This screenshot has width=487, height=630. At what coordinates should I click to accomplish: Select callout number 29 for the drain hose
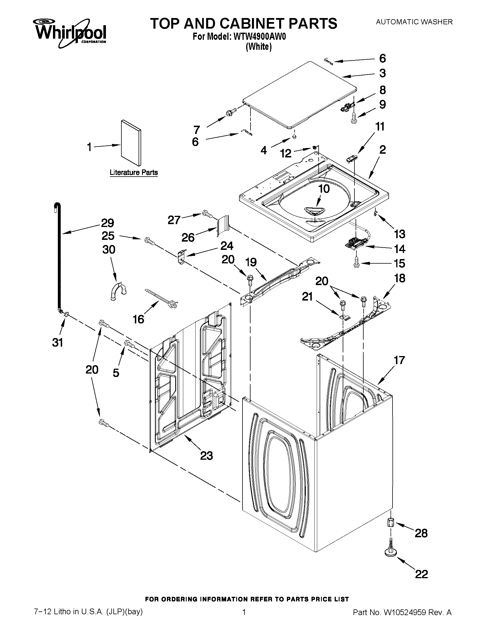(x=107, y=223)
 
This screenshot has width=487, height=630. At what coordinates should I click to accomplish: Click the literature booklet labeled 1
(x=131, y=143)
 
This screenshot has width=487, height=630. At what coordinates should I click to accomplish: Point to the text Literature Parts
(x=134, y=173)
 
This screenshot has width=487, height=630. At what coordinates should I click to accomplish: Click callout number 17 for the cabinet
(x=399, y=360)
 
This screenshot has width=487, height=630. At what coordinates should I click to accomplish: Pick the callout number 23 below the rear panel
(x=206, y=455)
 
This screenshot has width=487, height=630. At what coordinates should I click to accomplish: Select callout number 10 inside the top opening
(x=324, y=189)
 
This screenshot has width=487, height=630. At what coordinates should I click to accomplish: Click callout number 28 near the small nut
(x=421, y=533)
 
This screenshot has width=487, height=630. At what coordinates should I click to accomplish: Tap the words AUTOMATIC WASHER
(x=414, y=22)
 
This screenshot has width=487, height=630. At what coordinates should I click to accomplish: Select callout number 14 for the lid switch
(x=400, y=249)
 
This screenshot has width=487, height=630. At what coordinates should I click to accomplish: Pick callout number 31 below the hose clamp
(x=58, y=343)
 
